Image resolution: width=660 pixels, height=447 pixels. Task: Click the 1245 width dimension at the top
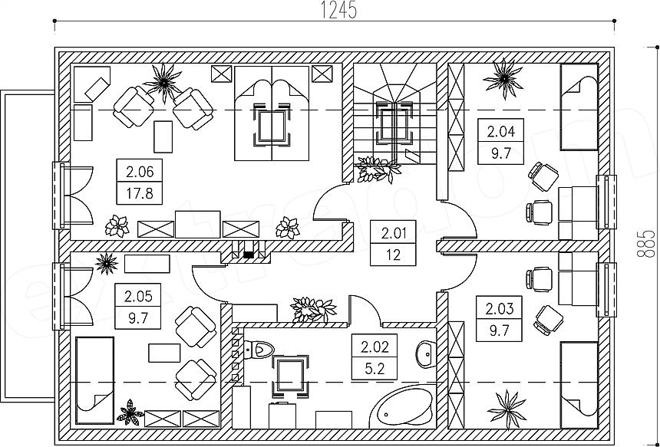click(339, 10)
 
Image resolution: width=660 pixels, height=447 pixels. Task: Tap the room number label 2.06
click(140, 172)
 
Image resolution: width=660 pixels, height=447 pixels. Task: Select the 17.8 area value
click(140, 194)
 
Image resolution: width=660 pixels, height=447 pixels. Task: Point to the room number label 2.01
click(393, 232)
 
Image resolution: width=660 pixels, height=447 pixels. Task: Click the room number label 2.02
click(375, 347)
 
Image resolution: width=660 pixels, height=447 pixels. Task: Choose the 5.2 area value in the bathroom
click(375, 369)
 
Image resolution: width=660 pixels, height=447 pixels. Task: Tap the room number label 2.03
click(500, 309)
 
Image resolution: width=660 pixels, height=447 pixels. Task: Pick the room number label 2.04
click(501, 132)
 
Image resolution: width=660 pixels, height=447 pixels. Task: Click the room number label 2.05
click(138, 297)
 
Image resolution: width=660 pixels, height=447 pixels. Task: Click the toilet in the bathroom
click(259, 350)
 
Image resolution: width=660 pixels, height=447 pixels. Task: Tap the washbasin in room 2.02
click(427, 354)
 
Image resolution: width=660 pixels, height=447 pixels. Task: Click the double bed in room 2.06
click(272, 113)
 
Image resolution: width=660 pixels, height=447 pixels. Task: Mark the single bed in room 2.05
click(94, 380)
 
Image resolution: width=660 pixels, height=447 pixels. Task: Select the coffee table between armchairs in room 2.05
click(164, 353)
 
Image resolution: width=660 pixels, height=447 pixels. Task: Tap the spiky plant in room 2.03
click(507, 409)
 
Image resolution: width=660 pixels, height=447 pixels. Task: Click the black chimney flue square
click(249, 255)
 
